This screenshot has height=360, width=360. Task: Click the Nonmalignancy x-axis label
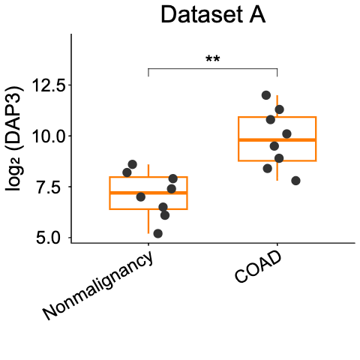coord(98,286)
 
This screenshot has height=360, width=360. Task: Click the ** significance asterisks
coord(212,60)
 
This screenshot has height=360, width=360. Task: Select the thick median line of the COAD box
coord(277,140)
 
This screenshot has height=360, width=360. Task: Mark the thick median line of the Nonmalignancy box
coord(148,193)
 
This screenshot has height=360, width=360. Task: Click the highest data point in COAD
coord(266,95)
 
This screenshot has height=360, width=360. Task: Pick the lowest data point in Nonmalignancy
coord(157,233)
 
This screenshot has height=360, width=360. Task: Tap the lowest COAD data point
coord(295,181)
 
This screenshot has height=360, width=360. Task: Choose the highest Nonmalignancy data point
coord(133,164)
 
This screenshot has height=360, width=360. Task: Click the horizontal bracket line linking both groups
coord(212,69)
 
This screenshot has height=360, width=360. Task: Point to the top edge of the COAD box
coord(277,117)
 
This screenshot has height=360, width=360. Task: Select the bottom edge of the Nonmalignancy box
coord(148,209)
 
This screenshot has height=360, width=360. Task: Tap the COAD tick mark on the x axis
coord(277,246)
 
